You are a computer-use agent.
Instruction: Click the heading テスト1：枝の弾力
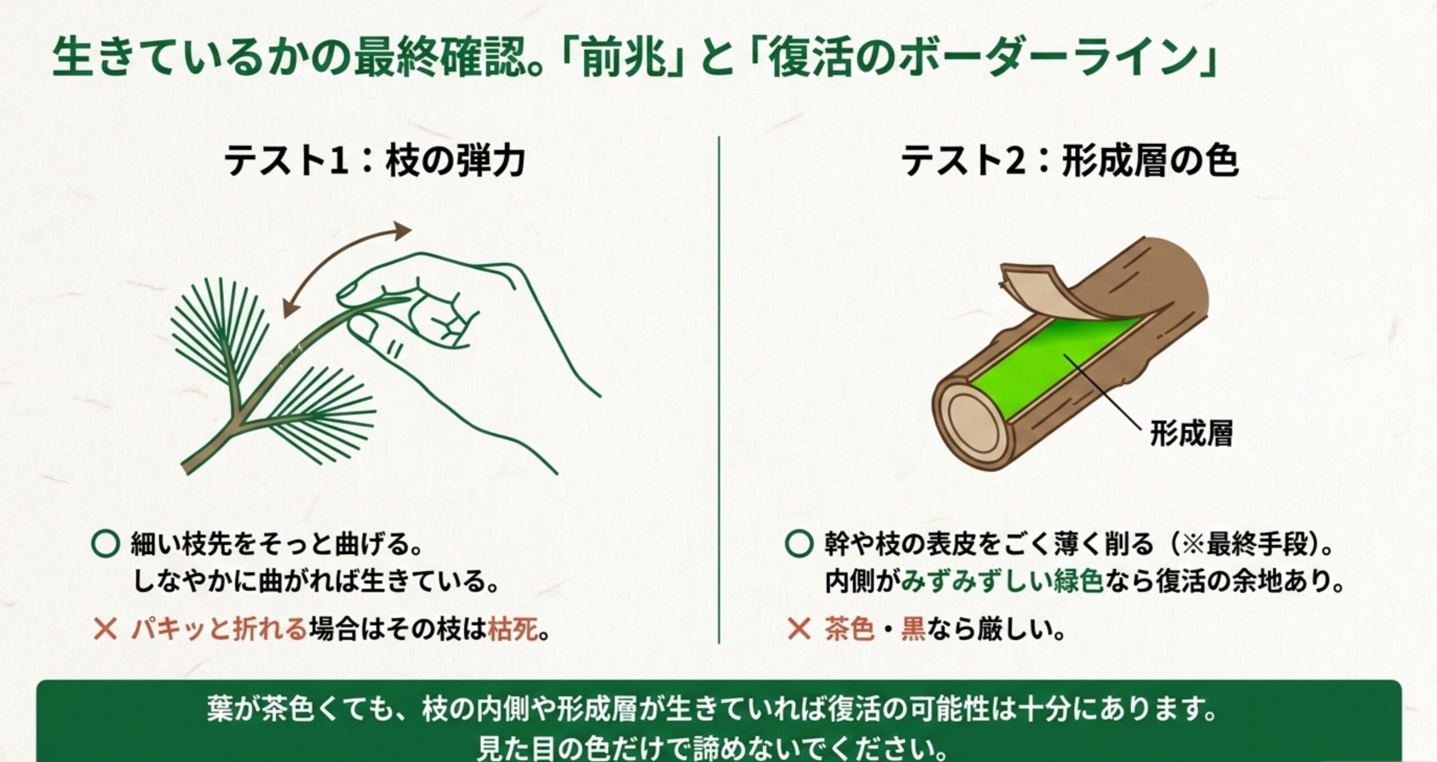tap(374, 162)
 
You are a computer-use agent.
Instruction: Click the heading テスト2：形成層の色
tap(1069, 162)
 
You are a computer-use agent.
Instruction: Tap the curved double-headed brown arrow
tap(346, 269)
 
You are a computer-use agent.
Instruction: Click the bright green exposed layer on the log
tap(1055, 365)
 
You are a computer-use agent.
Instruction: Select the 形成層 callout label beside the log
tap(1191, 434)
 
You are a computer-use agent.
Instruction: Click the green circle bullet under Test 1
tap(106, 544)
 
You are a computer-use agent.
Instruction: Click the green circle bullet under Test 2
tap(799, 544)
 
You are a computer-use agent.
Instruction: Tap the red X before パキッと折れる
tap(106, 630)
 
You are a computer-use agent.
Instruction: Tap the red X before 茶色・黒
tap(799, 630)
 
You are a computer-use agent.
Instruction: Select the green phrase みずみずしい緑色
tap(1002, 582)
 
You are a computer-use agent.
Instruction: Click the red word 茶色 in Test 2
tap(849, 630)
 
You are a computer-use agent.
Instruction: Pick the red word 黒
tap(913, 630)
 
